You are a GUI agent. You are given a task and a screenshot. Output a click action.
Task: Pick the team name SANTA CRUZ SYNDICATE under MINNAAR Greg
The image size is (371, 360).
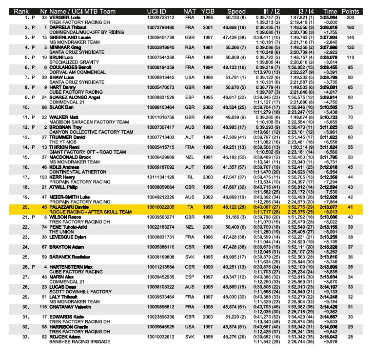click(66, 52)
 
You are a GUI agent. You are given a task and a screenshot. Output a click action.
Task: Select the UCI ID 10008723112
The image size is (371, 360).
click(160, 18)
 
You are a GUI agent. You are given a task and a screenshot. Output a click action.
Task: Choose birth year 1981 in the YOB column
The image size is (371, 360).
click(208, 47)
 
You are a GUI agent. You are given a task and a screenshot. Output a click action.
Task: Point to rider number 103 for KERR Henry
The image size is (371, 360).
click(43, 190)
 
